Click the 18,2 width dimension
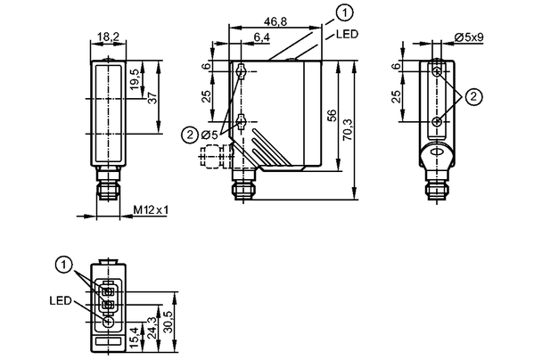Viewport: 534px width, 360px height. click(108, 37)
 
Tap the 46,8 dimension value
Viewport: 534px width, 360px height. click(275, 21)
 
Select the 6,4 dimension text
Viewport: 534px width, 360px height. click(261, 37)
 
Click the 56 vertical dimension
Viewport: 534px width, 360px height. click(332, 116)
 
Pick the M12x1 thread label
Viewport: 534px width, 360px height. click(151, 210)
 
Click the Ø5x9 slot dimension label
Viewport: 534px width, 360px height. click(470, 37)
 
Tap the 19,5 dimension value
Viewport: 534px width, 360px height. click(135, 79)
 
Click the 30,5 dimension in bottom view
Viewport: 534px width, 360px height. click(168, 322)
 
